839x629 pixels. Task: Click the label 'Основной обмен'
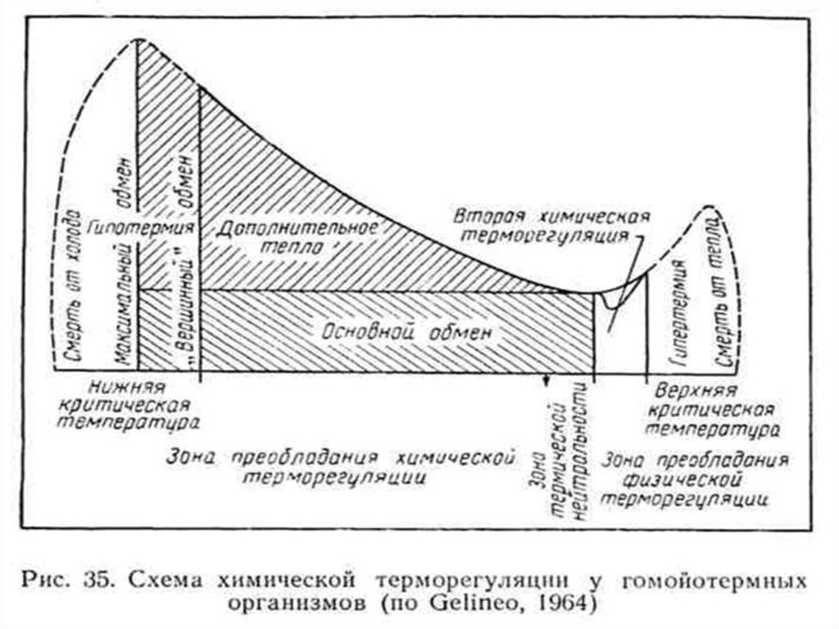pos(408,333)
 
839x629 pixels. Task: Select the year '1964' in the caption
pos(556,604)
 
